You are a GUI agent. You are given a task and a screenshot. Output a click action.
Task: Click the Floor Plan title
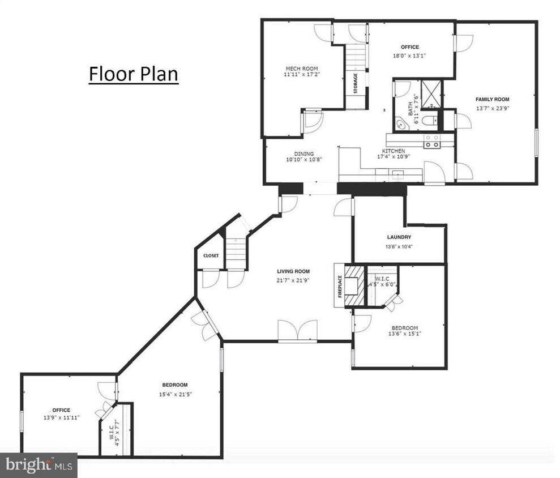pos(133,74)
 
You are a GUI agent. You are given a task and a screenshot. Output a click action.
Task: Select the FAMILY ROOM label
pos(492,99)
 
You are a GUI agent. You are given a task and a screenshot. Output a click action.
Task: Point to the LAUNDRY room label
pos(399,237)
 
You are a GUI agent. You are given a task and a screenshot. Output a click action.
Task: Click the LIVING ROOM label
pos(293,271)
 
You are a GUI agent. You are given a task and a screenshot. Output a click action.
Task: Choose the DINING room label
pos(304,153)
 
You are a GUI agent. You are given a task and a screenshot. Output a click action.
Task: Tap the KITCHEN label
pos(393,151)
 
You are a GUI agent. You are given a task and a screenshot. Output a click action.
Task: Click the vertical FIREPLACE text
pos(340,286)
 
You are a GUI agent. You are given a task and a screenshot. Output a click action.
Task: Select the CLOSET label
pos(211,256)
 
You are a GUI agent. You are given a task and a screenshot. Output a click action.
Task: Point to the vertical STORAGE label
pos(356,83)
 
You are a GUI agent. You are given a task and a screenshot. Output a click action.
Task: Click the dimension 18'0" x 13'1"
pos(410,56)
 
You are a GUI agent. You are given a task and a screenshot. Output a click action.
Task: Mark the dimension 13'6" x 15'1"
pos(404,334)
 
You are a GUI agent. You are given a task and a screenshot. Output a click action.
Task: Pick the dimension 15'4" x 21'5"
pos(174,394)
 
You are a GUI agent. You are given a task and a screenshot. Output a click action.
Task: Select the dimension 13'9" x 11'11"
pos(62,417)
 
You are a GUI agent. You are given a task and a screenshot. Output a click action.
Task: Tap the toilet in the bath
pos(430,119)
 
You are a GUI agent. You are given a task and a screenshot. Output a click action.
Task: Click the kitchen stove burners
pos(433,141)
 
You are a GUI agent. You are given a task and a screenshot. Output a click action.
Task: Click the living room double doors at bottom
pos(297,331)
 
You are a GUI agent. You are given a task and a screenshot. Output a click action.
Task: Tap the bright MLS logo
pos(38,466)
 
